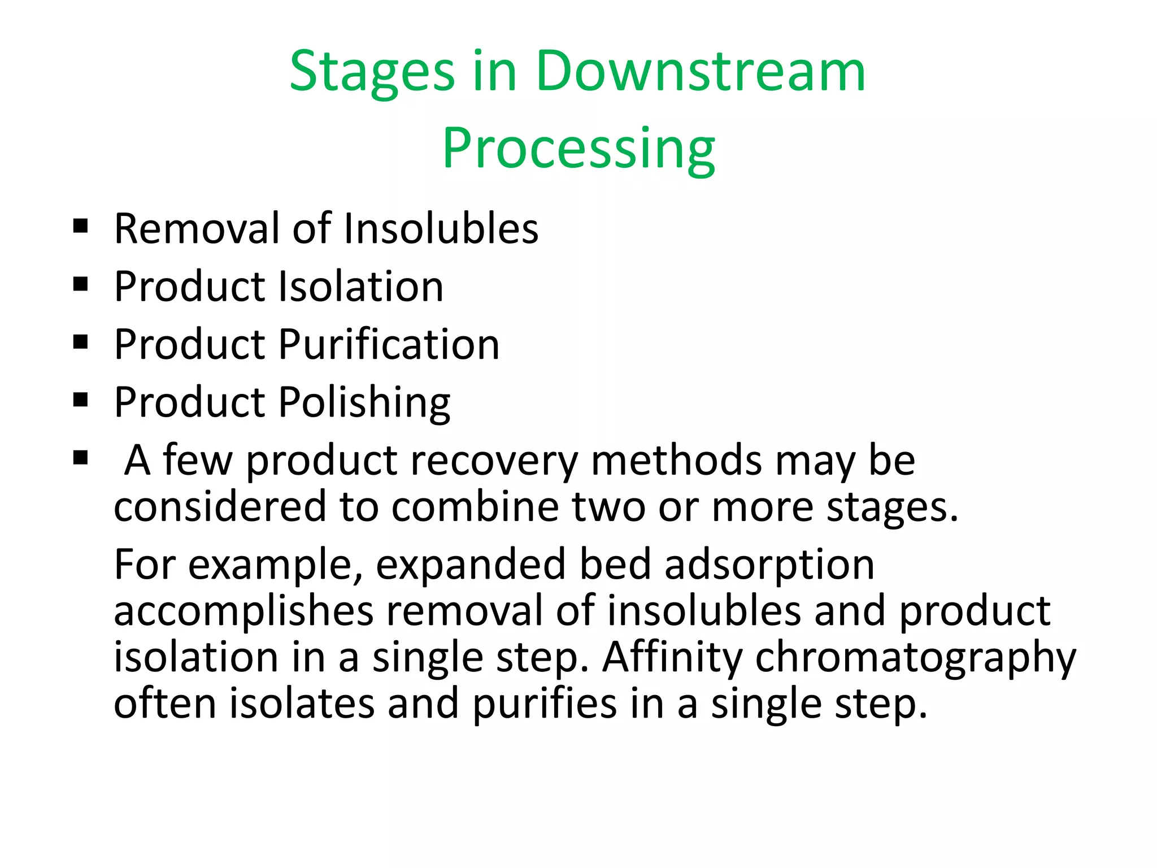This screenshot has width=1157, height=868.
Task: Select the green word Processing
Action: tap(578, 149)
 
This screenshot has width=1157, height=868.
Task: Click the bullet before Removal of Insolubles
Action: tap(81, 227)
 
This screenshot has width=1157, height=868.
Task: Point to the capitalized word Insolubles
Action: tap(441, 228)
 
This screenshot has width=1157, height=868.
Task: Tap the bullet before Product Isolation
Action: tap(81, 285)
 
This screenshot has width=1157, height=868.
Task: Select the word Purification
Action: tap(389, 345)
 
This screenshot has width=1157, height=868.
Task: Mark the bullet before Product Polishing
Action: tap(81, 401)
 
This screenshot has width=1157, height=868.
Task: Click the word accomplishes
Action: tap(243, 612)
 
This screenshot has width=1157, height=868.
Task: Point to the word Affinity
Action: tap(672, 658)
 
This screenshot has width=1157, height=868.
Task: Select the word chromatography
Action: tap(915, 658)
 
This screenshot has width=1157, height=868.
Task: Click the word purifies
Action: tap(545, 705)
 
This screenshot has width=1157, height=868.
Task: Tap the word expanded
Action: tap(471, 566)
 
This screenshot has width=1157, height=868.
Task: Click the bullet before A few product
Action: tap(81, 458)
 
